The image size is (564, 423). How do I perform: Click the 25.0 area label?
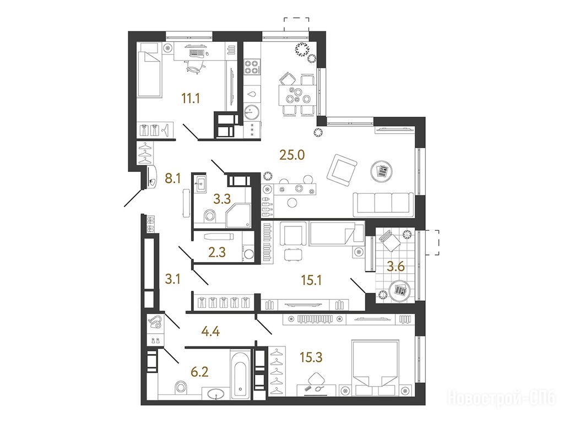pyautogui.click(x=292, y=155)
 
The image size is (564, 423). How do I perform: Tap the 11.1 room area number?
pyautogui.click(x=191, y=98)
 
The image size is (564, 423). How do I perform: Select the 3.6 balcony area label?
pyautogui.click(x=395, y=267)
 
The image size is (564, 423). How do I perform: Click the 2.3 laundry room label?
pyautogui.click(x=217, y=252)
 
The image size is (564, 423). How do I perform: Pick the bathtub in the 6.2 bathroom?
pyautogui.click(x=240, y=375)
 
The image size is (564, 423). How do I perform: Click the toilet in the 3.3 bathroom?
pyautogui.click(x=209, y=216)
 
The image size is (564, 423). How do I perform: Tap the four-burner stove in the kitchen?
pyautogui.click(x=252, y=67)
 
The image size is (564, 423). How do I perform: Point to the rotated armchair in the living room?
pyautogui.click(x=341, y=170)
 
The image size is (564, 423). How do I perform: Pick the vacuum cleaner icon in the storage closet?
pyautogui.click(x=156, y=322)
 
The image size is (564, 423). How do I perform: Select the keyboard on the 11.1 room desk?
pyautogui.click(x=196, y=53)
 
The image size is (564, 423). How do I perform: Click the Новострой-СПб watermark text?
pyautogui.click(x=502, y=399)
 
